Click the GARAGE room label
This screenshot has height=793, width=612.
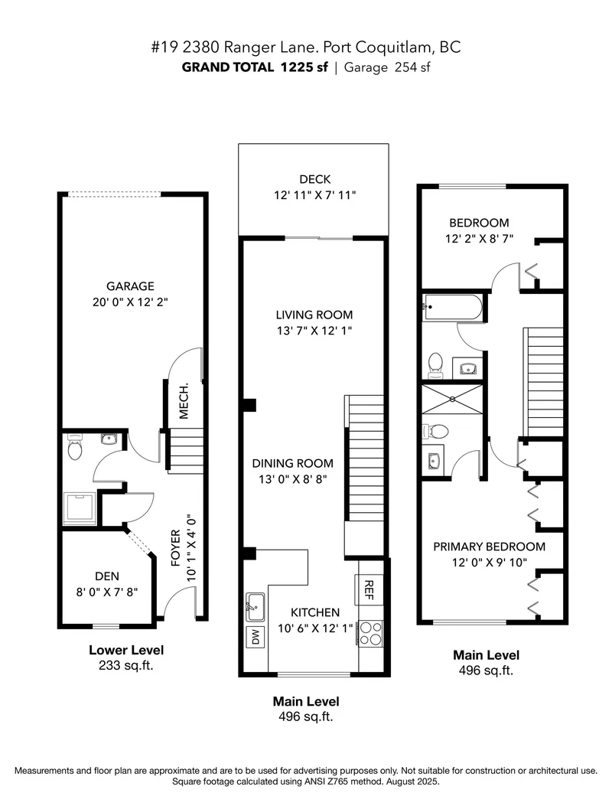(x=129, y=286)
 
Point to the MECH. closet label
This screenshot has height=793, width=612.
(x=184, y=400)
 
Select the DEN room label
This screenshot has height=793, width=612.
(x=106, y=575)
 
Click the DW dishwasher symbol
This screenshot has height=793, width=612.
(x=254, y=635)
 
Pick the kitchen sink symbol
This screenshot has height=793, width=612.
(x=254, y=605)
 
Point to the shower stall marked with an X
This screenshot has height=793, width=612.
(x=452, y=399)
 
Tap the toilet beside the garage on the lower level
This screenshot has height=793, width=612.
(x=75, y=447)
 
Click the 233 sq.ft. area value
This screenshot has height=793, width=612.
(x=126, y=665)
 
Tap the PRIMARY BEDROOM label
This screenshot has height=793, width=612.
(x=489, y=547)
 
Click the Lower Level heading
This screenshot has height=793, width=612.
(x=126, y=651)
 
